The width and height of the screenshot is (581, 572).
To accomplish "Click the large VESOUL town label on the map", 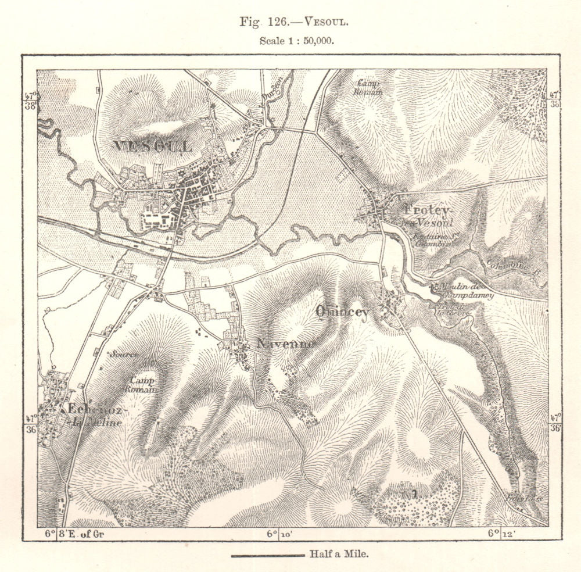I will (152, 146).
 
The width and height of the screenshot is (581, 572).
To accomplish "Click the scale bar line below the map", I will (267, 556).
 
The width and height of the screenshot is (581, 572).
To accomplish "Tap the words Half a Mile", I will (339, 555).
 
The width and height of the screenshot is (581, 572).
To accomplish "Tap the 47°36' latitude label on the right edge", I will (555, 423).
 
